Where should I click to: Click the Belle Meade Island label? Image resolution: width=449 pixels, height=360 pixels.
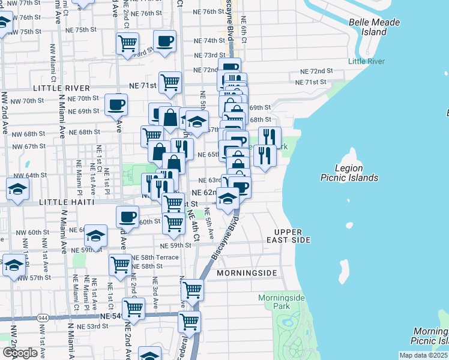pos(367,26)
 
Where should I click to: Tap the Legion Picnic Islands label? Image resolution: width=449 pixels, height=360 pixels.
pos(357,173)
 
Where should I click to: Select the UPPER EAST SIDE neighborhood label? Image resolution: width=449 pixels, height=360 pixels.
pos(292,236)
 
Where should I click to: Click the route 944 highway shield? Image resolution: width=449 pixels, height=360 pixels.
pos(44,317)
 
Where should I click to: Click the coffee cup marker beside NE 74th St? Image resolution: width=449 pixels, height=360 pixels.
pos(164,41)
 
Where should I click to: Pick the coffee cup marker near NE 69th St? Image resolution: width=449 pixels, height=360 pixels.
pos(116,104)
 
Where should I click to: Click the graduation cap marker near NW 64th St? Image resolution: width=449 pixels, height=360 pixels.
pos(18,190)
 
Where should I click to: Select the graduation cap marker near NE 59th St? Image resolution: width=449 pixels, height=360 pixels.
pos(95,236)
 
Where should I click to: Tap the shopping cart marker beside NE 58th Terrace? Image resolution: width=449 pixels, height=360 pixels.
pos(121,264)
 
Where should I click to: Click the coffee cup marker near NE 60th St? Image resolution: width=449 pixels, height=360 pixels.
pos(127,217)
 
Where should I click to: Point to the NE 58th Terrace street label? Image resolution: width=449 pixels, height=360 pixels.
pos(155,257)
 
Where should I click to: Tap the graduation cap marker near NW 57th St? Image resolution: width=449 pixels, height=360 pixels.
pos(14,266)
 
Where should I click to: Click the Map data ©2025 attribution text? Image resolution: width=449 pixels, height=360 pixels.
pos(423,355)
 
